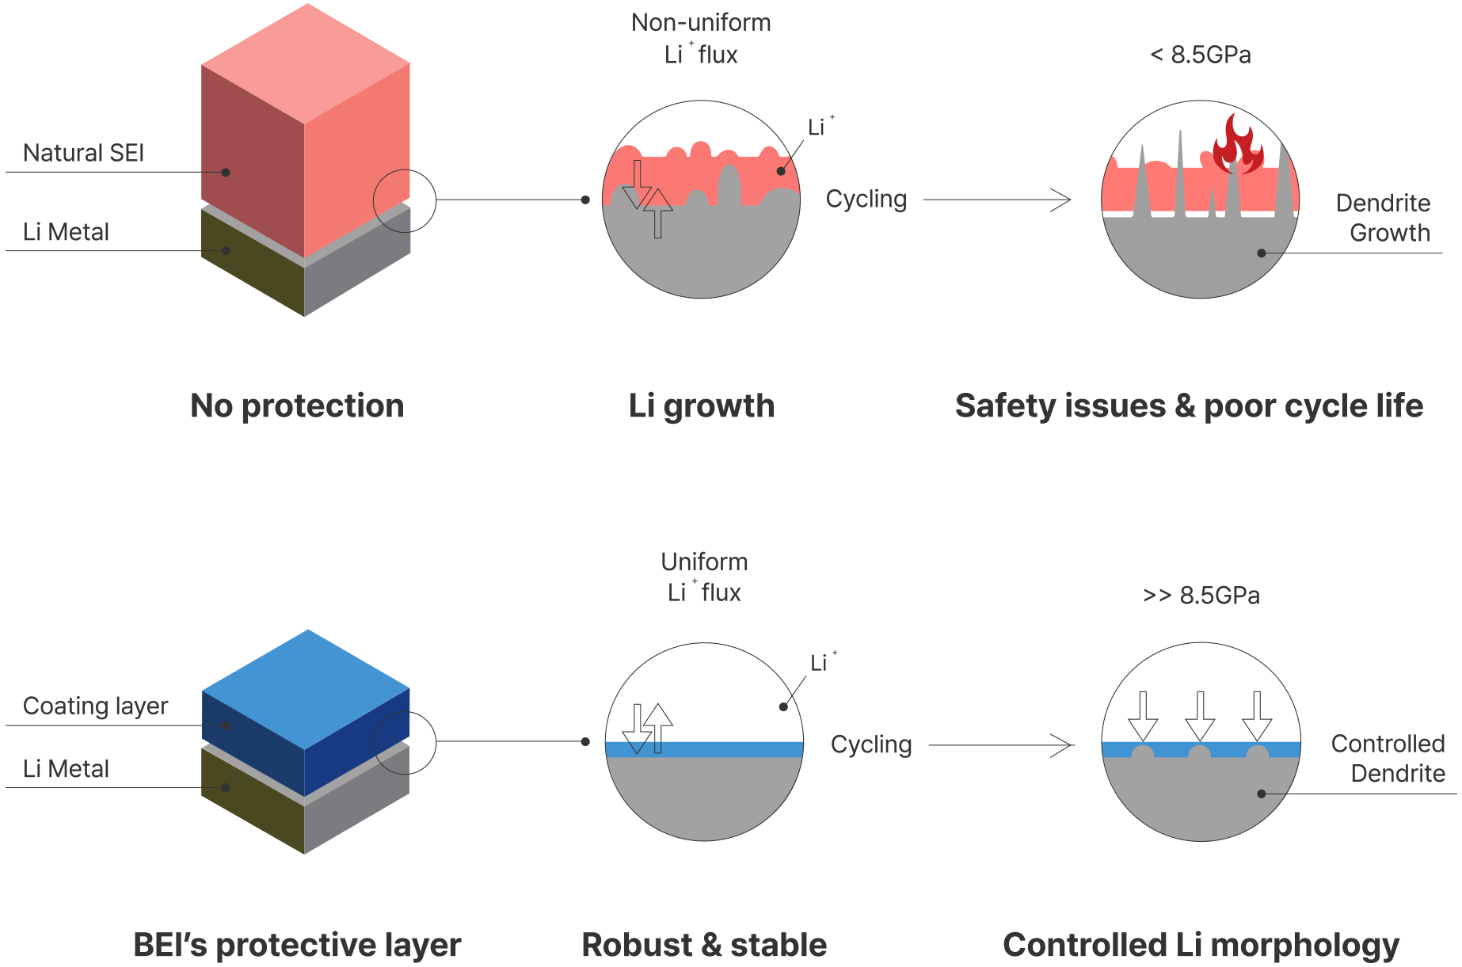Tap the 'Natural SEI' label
(83, 153)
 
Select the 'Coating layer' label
(95, 706)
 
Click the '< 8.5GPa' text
(1201, 55)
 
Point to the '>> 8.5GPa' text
(1201, 595)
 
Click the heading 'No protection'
(297, 405)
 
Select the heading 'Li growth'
(702, 405)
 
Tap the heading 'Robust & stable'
(704, 944)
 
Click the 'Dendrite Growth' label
(1383, 218)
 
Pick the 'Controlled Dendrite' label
(1388, 758)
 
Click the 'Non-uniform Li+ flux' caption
(702, 38)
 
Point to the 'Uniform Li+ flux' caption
(704, 577)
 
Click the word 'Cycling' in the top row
(866, 199)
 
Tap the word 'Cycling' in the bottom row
(871, 744)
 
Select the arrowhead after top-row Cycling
(1061, 200)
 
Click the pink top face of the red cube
(307, 62)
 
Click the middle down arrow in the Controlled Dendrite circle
(1200, 715)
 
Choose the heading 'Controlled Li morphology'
(1201, 944)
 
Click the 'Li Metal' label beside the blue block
(67, 769)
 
